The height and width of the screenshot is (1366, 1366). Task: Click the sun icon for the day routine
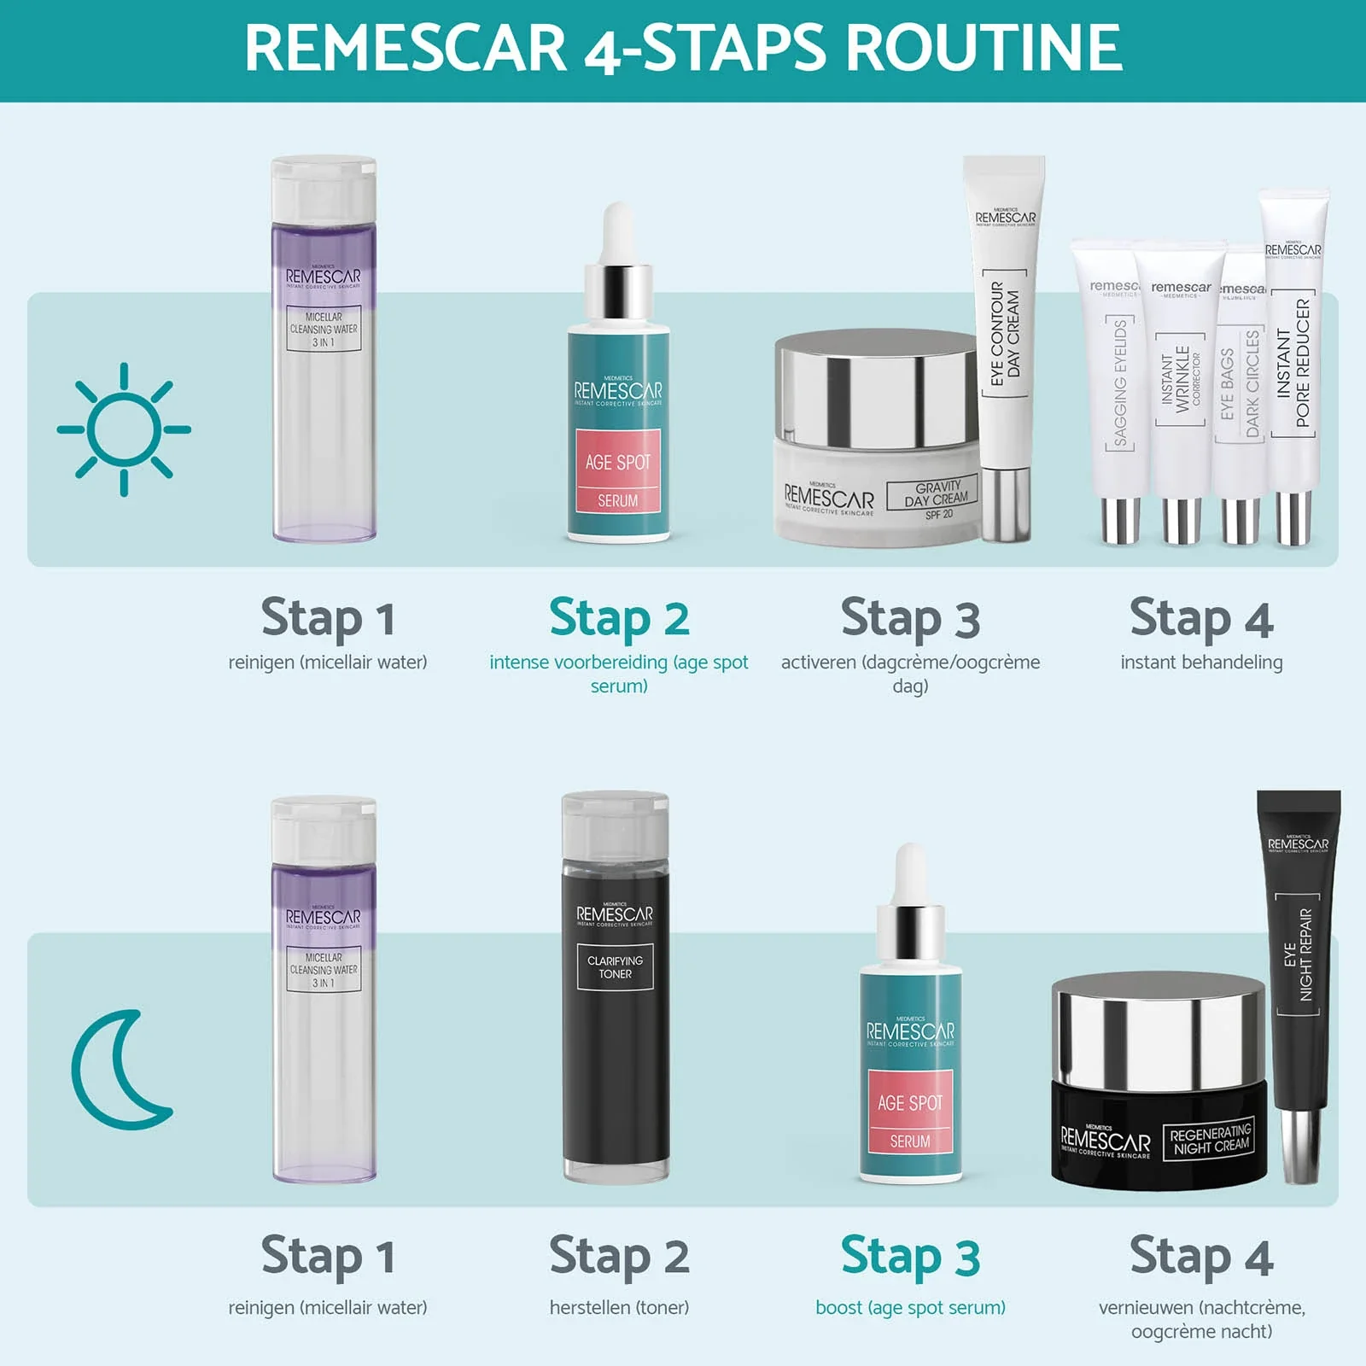tap(124, 429)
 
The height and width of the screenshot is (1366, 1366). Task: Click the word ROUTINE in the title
tap(984, 48)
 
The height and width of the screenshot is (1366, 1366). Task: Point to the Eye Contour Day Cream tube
tap(1005, 341)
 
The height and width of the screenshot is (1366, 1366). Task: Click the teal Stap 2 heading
tap(619, 618)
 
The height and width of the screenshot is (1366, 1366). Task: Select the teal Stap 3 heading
tap(910, 1257)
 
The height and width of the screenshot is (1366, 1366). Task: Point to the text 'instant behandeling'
tap(1201, 663)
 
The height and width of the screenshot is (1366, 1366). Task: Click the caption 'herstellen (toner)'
tap(619, 1307)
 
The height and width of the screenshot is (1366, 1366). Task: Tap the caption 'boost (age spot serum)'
tap(910, 1307)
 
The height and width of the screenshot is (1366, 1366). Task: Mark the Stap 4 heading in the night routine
tap(1201, 1257)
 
